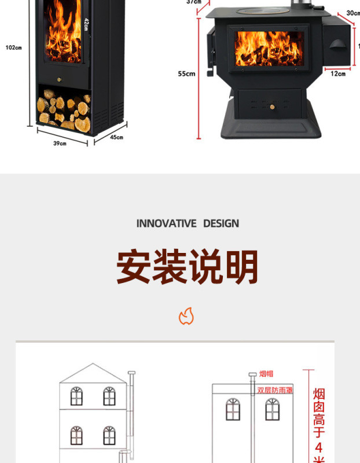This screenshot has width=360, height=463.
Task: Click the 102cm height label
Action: click(13, 47)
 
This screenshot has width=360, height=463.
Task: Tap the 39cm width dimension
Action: click(60, 143)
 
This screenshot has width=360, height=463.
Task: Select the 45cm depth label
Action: click(116, 137)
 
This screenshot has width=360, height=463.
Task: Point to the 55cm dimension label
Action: click(186, 74)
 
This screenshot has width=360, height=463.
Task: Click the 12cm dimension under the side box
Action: click(338, 74)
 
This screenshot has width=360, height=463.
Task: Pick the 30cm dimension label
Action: click(352, 12)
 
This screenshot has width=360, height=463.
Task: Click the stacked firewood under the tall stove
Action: click(64, 110)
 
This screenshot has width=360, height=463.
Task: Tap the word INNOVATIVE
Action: click(167, 223)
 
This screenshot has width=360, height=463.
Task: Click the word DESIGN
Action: click(221, 223)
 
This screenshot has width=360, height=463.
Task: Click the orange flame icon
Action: click(186, 316)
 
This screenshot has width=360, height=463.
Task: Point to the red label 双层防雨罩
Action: click(275, 390)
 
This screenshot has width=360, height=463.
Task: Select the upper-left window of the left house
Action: click(76, 396)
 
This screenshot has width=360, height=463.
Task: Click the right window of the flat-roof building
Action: click(272, 409)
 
